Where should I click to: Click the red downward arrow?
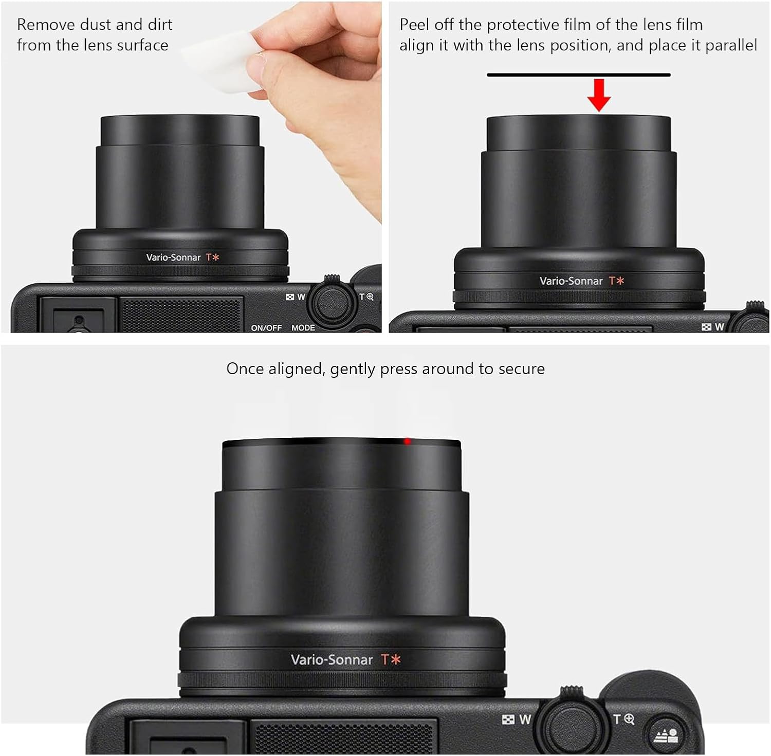599,95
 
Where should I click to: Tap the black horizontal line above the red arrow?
579,75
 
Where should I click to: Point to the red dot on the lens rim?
407,441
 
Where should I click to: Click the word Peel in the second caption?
415,25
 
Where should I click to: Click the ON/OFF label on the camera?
266,327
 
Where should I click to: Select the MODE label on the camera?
303,327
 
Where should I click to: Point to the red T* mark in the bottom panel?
390,659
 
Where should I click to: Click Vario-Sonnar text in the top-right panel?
571,281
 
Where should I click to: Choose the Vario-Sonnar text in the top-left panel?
173,257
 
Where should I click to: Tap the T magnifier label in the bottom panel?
623,719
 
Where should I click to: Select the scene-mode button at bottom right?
666,736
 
